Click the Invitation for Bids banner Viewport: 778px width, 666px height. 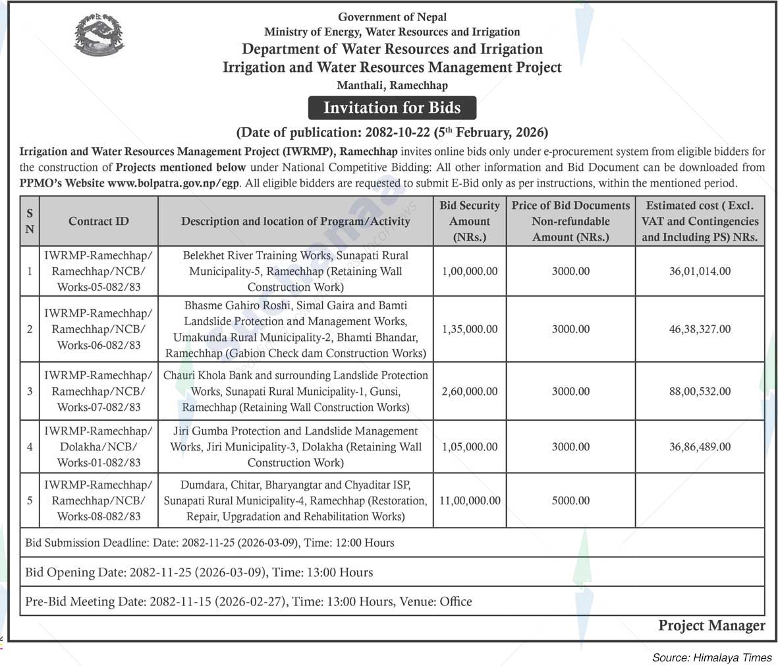pos(392,107)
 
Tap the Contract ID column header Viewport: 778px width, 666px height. pos(99,222)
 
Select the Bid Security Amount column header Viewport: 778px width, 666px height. pos(470,222)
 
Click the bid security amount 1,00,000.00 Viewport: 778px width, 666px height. pos(470,271)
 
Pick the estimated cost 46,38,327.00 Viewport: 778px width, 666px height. pos(700,329)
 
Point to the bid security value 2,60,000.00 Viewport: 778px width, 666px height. pos(470,391)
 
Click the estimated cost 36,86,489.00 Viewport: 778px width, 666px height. pos(700,446)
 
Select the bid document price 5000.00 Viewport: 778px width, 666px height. pos(570,500)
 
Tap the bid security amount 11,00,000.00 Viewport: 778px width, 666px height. pos(470,500)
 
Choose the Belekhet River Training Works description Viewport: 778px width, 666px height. pos(296,271)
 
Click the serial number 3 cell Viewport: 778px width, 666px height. pos(30,391)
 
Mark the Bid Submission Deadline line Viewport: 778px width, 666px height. pos(209,543)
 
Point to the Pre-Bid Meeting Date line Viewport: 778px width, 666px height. pos(248,601)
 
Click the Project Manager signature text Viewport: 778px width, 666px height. pos(711,625)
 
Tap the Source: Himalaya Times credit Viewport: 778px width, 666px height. pos(711,657)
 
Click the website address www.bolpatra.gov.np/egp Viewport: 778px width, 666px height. pos(174,183)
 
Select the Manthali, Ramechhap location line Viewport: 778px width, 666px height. pos(392,86)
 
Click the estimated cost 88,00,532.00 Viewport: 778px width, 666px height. pos(700,391)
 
